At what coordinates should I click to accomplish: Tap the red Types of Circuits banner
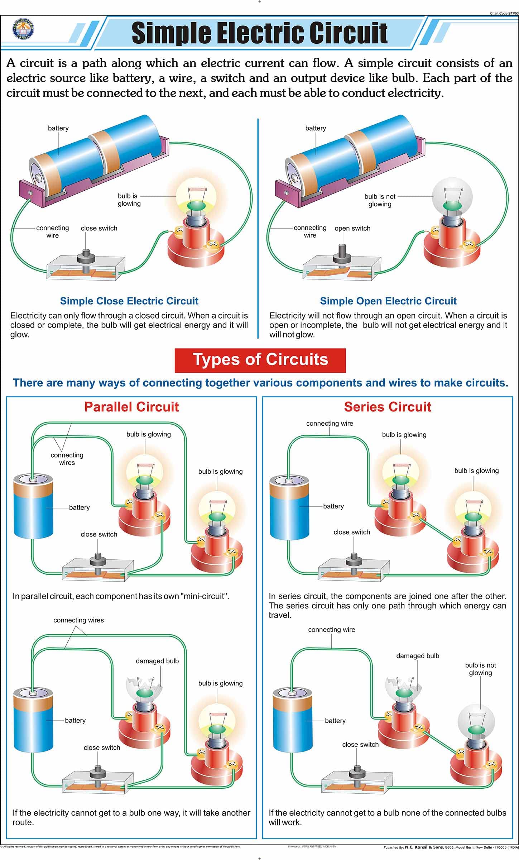(x=260, y=360)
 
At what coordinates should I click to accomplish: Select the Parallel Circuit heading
(x=131, y=407)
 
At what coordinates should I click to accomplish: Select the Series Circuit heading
(x=388, y=407)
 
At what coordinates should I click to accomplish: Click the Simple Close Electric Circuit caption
(x=129, y=301)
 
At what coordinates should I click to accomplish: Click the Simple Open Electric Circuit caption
(x=388, y=301)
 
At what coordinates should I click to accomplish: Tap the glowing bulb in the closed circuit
(x=196, y=195)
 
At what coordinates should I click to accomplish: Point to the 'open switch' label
(x=352, y=228)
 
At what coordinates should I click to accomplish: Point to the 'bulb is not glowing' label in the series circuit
(x=480, y=669)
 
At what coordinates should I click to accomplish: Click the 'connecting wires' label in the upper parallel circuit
(x=67, y=459)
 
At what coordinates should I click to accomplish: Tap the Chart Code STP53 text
(x=504, y=13)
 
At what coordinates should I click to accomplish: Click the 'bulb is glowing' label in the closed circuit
(x=129, y=200)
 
